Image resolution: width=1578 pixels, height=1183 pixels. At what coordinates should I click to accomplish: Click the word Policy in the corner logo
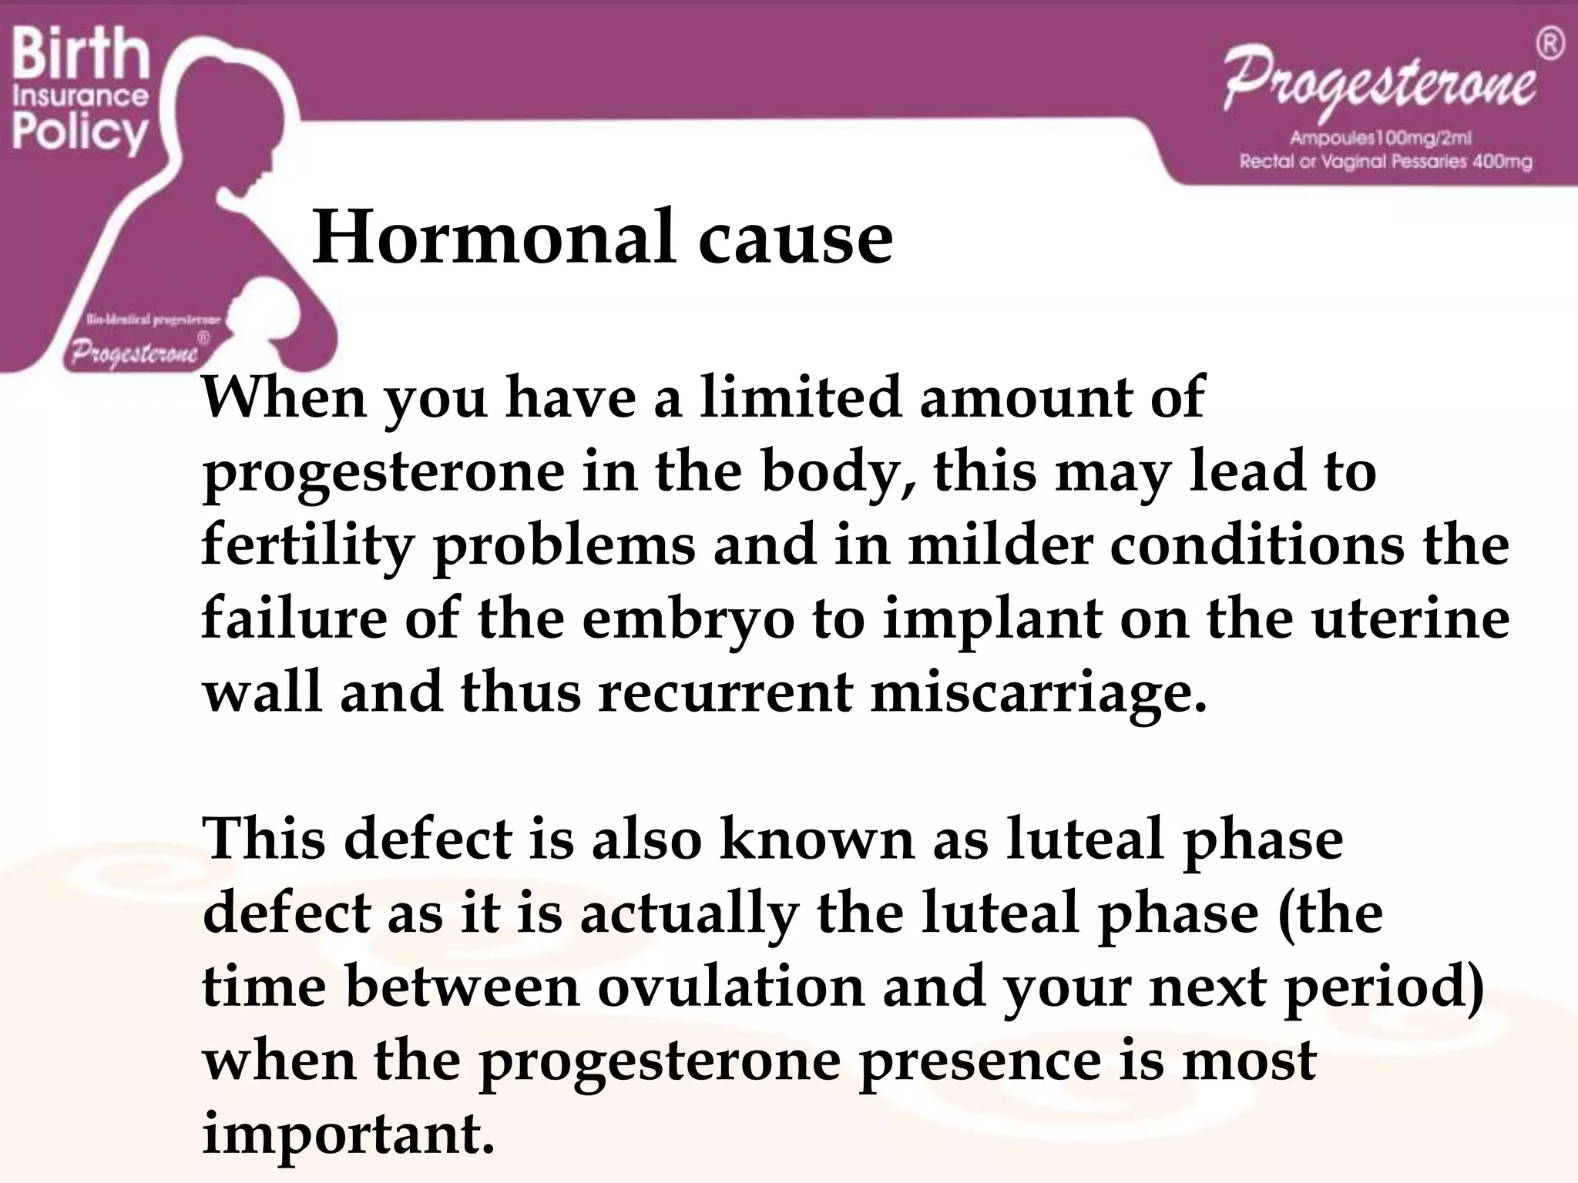79,132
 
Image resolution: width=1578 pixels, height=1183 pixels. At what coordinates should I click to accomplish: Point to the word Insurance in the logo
80,96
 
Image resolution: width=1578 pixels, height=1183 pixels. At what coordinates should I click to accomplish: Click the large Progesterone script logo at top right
1379,85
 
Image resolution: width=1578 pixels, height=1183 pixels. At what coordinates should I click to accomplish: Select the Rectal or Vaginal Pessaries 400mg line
1385,162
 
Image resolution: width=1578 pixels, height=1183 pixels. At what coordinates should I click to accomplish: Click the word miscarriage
1037,692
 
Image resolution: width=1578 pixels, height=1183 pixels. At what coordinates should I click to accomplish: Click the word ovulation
730,987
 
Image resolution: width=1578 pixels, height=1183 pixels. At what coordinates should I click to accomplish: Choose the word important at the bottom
347,1134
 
